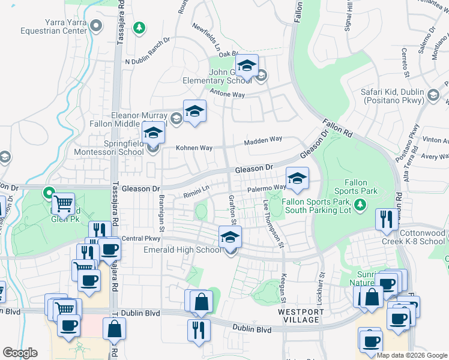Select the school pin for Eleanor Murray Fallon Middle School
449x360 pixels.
(x=194, y=112)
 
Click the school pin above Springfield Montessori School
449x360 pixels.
(x=153, y=133)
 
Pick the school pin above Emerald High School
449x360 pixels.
(x=230, y=237)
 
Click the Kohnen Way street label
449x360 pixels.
(x=194, y=148)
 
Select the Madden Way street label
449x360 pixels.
(x=262, y=140)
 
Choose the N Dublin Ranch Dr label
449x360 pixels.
(x=148, y=61)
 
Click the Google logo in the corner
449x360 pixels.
(x=20, y=353)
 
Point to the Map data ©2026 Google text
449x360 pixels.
(x=412, y=355)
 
